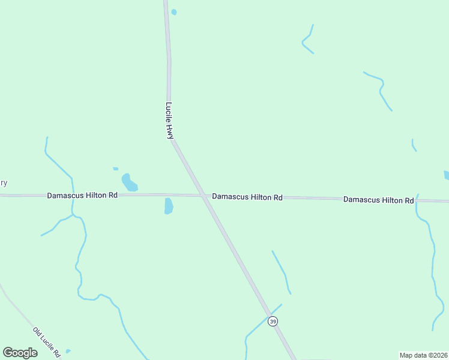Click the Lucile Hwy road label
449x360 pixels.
[169, 121]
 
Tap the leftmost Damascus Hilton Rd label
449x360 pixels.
[82, 196]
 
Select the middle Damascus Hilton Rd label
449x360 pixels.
[247, 197]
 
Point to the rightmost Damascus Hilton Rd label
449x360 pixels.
[378, 199]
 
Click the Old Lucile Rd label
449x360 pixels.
[47, 342]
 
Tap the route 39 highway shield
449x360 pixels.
[273, 322]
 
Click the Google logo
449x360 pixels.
[20, 353]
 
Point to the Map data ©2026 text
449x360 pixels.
[423, 355]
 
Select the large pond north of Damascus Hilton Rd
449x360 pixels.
[129, 182]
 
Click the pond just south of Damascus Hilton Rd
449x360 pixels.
[169, 206]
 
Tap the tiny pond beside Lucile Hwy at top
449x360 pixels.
[174, 12]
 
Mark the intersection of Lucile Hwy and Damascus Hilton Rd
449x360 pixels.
[202, 196]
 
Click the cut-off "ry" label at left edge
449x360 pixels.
[3, 183]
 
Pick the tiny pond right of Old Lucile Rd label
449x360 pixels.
[68, 351]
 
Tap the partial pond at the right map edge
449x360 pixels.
[446, 175]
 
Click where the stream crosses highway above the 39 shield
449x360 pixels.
[269, 314]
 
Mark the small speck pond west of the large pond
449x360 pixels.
[115, 169]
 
